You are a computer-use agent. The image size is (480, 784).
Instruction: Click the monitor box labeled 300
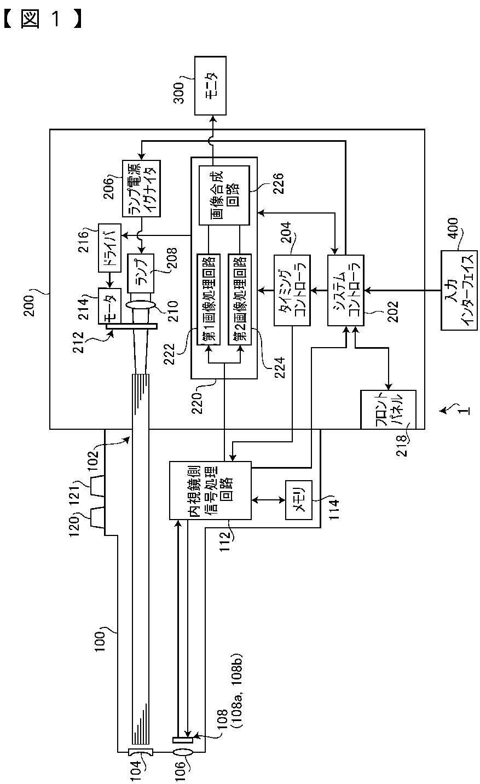coord(210,85)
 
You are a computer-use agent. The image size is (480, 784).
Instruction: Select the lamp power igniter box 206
coord(141,189)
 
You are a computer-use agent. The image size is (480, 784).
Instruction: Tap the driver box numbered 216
coord(110,248)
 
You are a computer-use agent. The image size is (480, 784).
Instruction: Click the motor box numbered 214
coord(109,306)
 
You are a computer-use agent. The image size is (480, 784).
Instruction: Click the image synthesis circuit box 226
coord(224,195)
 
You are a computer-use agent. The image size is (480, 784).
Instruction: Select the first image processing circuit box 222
coord(209,299)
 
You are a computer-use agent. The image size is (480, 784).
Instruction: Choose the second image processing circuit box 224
coord(240,299)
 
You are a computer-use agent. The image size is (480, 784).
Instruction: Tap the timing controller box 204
coord(292,290)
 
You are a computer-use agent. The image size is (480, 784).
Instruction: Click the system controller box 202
coord(346,290)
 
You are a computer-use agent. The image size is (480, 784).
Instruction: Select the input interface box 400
coord(459,290)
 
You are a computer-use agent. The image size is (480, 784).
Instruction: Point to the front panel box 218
coord(389,410)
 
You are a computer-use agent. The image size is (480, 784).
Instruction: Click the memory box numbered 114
coord(299,500)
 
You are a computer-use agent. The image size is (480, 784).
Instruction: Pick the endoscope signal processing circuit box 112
coord(210,491)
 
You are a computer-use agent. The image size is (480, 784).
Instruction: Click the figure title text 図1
coord(43,19)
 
